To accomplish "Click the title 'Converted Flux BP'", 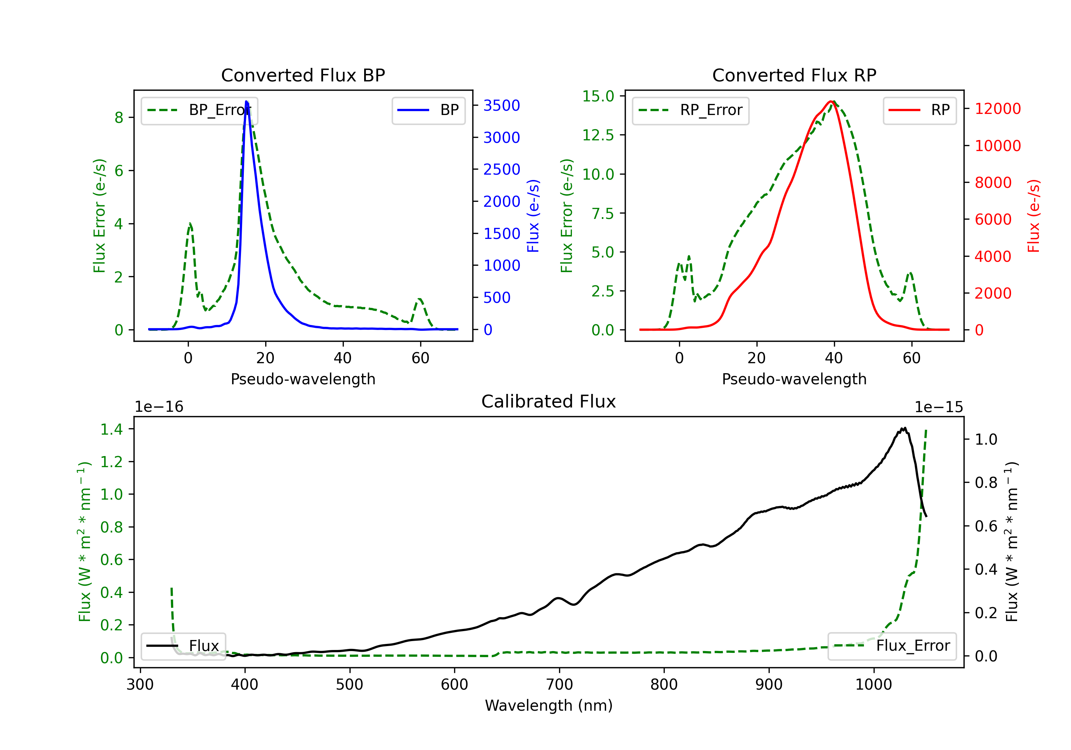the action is coord(303,75).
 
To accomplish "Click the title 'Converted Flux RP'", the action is coord(794,75).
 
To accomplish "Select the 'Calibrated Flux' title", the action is coord(549,401).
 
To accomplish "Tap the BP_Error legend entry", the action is coord(199,110).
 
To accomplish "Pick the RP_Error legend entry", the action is coord(690,110).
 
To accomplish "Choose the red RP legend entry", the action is coord(919,110).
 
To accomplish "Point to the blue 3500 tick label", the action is coord(502,105).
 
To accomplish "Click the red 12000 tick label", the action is coord(998,109).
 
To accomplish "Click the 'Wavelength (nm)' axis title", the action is coord(549,706).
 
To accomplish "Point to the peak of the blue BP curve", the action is coord(246,101).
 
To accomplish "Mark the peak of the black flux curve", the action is coord(904,428).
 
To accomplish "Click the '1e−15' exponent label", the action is coord(939,407).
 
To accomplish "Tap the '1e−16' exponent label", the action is coord(159,407).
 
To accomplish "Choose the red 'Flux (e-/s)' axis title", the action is coord(1034,216).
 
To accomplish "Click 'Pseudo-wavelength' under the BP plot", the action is coord(303,379).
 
